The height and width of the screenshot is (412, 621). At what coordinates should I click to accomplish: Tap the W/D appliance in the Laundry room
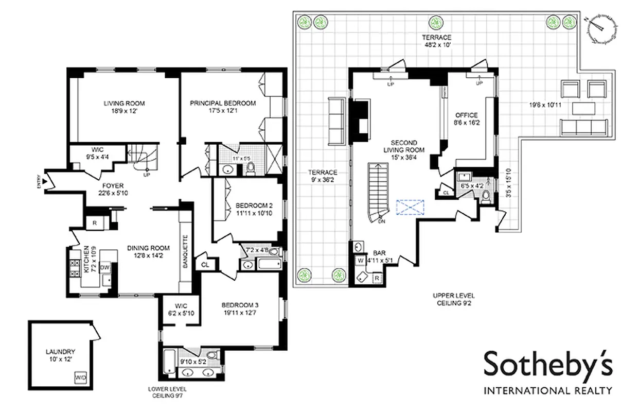(81, 377)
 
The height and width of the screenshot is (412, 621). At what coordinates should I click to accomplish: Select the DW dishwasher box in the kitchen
(104, 267)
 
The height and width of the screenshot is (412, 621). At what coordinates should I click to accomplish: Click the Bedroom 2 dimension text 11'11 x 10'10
(247, 212)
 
